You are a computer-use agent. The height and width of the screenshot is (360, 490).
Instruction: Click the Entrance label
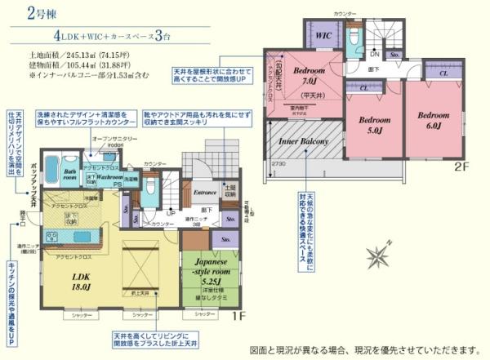pyautogui.click(x=205, y=193)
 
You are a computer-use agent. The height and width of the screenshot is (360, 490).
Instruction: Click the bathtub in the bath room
pyautogui.click(x=51, y=171)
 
